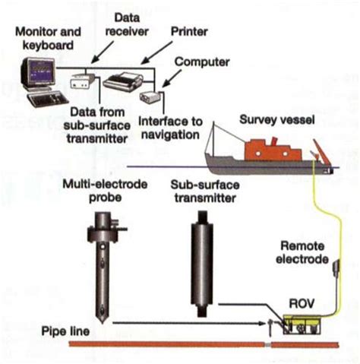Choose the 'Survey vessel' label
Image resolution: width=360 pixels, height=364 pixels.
click(x=270, y=120)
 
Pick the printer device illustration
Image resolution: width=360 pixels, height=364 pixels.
click(x=122, y=78)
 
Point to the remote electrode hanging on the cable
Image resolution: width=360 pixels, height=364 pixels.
click(x=334, y=267)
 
